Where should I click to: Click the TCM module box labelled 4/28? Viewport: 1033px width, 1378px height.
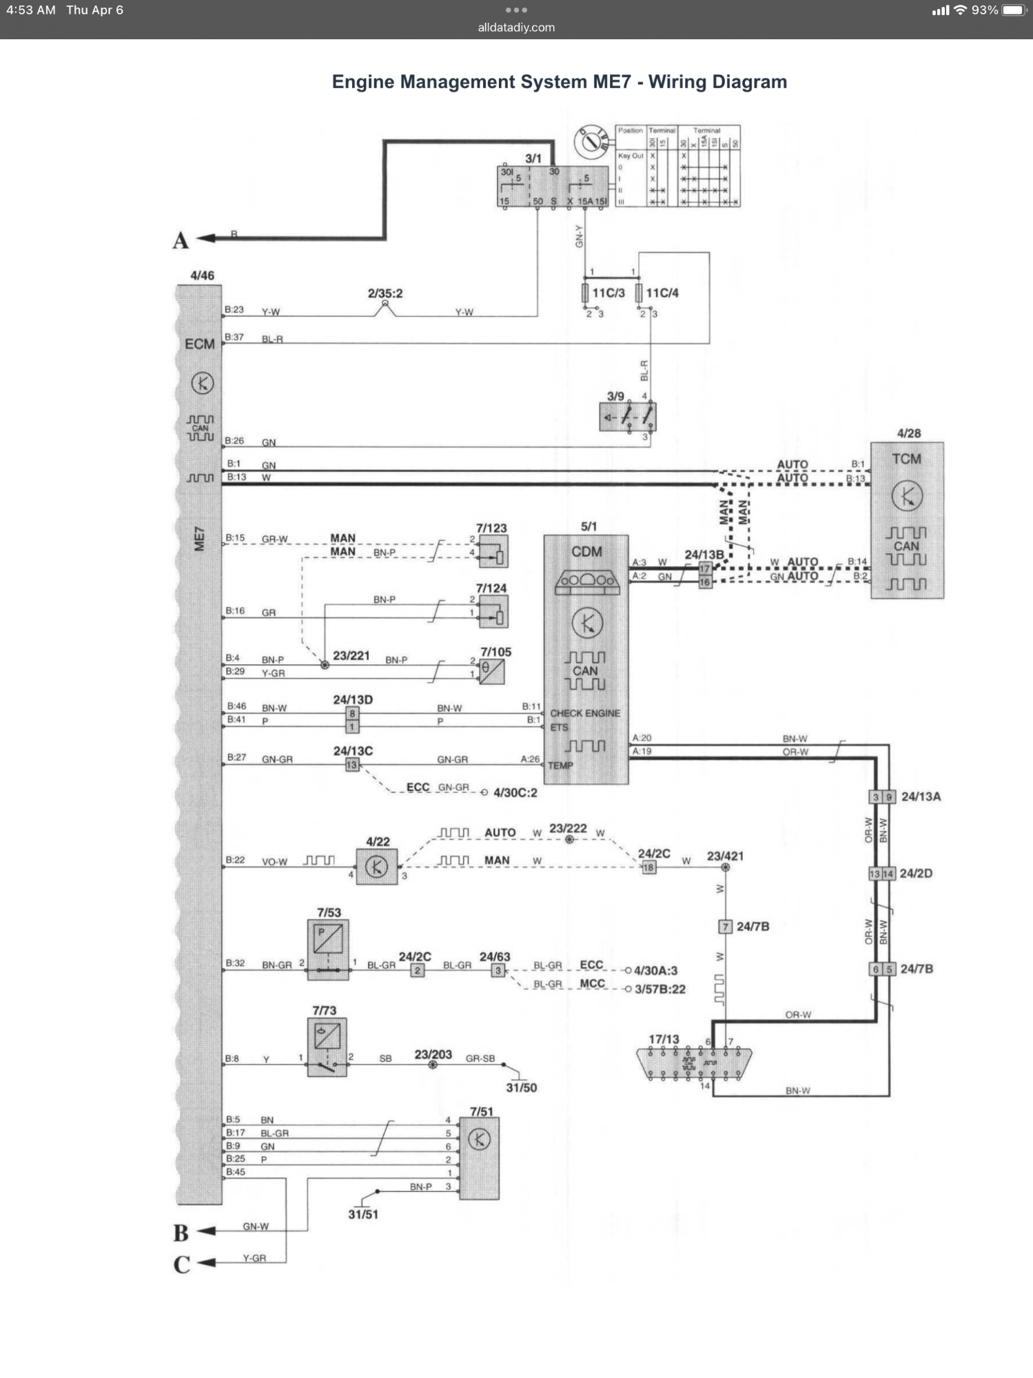point(907,520)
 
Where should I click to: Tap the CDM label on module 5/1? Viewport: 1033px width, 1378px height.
point(586,552)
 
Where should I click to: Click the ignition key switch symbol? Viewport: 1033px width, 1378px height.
point(591,141)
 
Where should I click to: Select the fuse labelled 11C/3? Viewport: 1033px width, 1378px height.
point(585,293)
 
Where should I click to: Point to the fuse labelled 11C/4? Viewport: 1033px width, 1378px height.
point(639,293)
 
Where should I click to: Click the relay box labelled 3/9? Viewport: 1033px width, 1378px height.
point(628,417)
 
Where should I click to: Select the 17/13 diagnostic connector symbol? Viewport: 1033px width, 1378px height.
point(693,1064)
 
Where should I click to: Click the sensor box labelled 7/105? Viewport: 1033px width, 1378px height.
point(492,671)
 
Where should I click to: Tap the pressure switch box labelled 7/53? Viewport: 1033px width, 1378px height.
point(328,949)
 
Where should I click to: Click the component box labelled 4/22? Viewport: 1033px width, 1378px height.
point(376,867)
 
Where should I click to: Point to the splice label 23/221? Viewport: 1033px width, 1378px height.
point(351,656)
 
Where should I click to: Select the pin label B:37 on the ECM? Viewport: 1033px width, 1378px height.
point(234,337)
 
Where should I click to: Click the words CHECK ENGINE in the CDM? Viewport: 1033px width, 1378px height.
point(585,713)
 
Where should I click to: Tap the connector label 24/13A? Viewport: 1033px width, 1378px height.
point(921,796)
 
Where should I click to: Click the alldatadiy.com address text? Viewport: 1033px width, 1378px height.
point(516,28)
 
